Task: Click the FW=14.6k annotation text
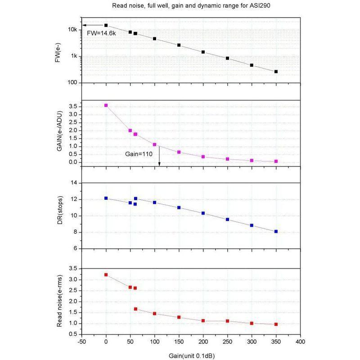click(101, 33)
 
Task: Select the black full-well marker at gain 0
click(106, 26)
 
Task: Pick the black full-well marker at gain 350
click(276, 72)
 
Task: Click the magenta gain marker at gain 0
click(106, 105)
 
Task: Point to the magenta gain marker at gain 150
click(179, 152)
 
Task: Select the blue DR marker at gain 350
click(276, 231)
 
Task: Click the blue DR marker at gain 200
click(203, 213)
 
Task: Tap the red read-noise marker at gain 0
click(106, 274)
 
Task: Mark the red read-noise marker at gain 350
click(276, 324)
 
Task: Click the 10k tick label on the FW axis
click(73, 30)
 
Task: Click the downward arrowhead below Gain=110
click(159, 170)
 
